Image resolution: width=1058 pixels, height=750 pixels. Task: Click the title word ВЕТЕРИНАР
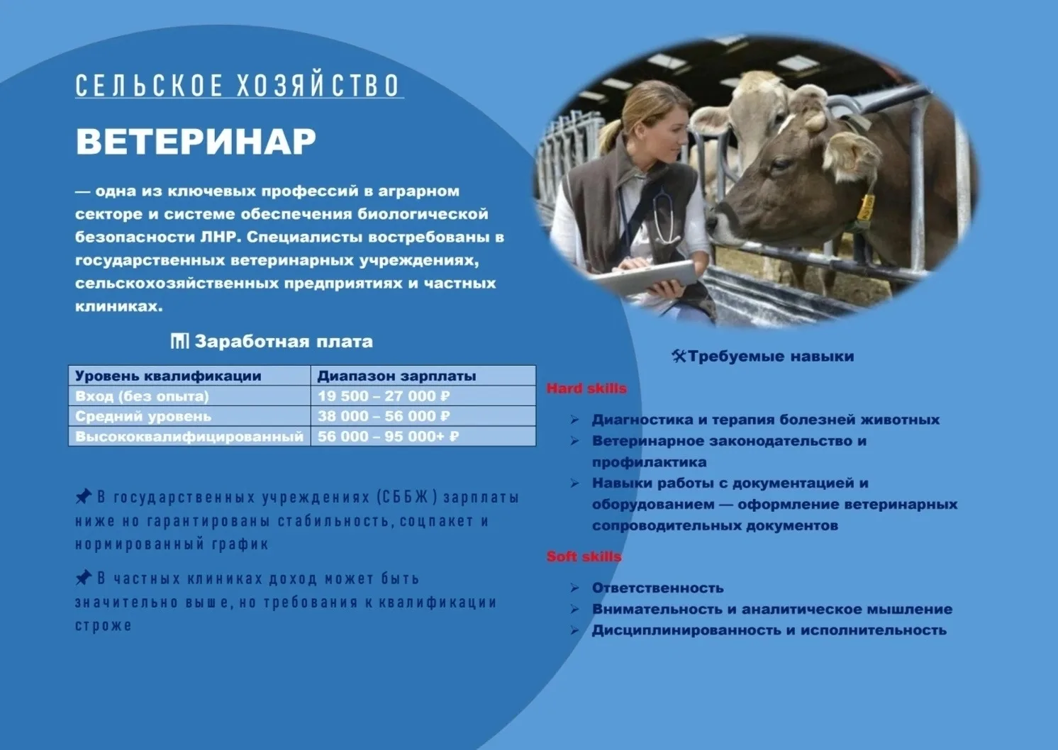point(196,141)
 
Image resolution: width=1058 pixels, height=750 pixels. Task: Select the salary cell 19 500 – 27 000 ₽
point(384,396)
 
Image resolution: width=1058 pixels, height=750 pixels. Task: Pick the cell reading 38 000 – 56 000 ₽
point(384,416)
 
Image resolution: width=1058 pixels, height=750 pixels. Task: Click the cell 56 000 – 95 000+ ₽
point(388,436)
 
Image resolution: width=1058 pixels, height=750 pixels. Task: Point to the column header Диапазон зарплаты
point(396,376)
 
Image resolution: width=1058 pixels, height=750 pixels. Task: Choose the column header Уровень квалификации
point(168,376)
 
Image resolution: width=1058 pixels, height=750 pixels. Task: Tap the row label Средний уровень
point(143,416)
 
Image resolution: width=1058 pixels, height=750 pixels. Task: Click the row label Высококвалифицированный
point(189,436)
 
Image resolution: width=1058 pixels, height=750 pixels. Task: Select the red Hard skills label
point(586,388)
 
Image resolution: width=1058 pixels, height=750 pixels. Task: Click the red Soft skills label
point(584,556)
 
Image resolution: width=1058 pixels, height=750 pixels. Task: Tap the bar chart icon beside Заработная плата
point(179,341)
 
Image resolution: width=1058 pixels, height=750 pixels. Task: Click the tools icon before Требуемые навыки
point(678,356)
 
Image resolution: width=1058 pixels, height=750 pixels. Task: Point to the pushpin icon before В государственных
point(84,496)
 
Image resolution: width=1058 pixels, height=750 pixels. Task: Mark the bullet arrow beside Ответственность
point(574,588)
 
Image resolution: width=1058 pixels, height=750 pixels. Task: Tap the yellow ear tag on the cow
point(866,207)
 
